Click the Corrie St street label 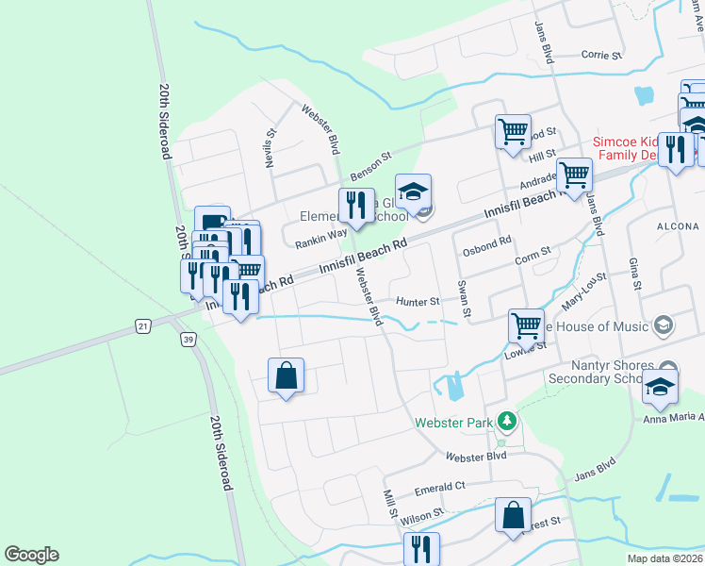tap(603, 56)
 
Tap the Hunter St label tap(418, 302)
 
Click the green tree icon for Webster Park tap(507, 422)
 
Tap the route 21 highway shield tap(142, 325)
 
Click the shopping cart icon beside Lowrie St tap(527, 325)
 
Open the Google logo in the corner tap(31, 555)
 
